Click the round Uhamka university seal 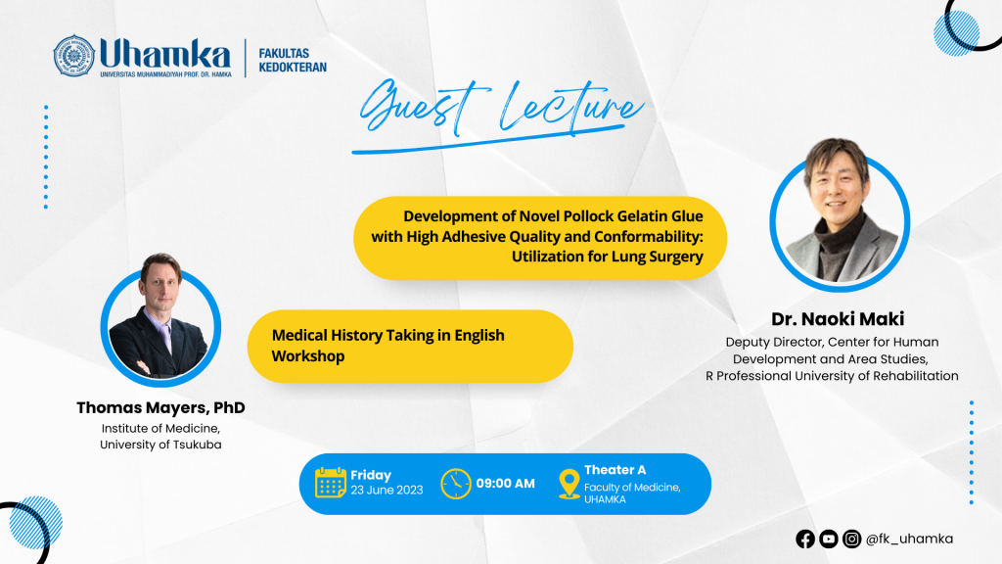coord(74,56)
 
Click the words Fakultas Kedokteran coord(292,60)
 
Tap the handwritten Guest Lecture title coord(498,112)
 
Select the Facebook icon coord(805,540)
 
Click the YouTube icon coord(828,540)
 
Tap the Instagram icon coord(851,540)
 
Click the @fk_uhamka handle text coord(909,540)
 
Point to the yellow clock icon coord(456,484)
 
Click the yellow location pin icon coord(569,484)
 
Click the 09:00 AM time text coord(506,484)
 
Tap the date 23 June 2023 coord(387,491)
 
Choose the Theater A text coord(615,470)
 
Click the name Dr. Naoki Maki coord(838,318)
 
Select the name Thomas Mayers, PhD coord(161,407)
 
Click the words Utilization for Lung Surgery coord(607,257)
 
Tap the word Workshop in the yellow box coord(308,356)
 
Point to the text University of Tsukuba coord(161,445)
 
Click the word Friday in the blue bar coord(371,475)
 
